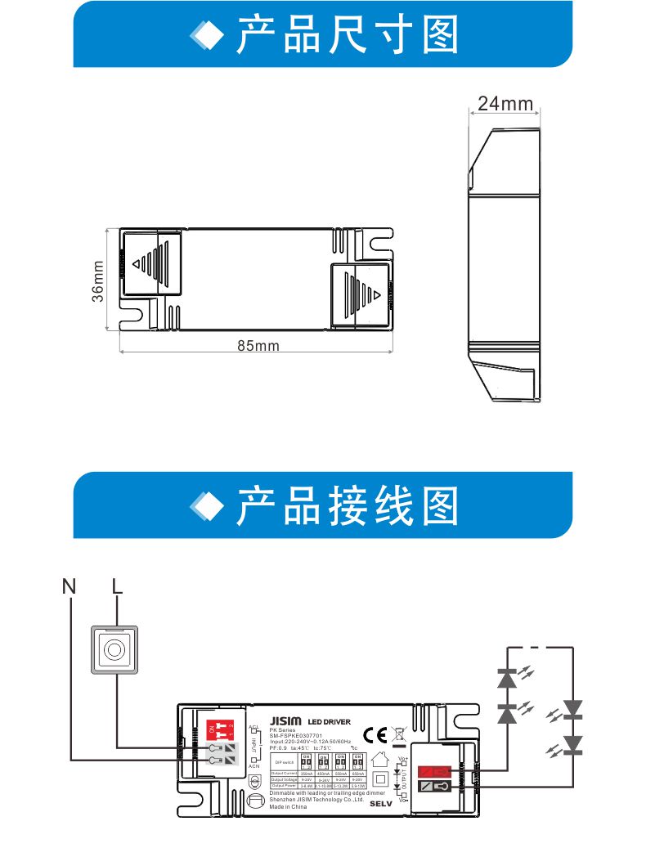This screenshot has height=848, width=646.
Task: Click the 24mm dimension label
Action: point(505,104)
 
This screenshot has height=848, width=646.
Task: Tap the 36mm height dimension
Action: point(97,280)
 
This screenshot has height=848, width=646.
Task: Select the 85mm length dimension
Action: point(258,346)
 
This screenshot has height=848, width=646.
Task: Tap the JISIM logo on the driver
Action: point(285,720)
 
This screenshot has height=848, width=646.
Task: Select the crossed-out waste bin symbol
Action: point(399,734)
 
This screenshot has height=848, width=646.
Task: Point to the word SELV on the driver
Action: point(381,803)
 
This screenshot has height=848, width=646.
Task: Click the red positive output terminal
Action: point(433,771)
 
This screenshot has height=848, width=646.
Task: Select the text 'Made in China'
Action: point(288,807)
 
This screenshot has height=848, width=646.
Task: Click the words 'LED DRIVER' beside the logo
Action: point(330,721)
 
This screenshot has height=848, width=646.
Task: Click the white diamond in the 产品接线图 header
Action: point(206,507)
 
